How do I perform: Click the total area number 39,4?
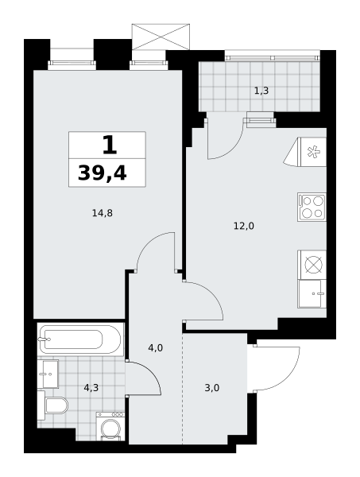[103, 173]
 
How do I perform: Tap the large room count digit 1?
[110, 145]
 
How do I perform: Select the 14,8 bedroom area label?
[103, 213]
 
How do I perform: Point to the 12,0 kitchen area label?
[244, 226]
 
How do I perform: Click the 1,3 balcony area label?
[261, 91]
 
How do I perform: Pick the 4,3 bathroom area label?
[91, 388]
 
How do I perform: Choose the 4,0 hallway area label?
[156, 347]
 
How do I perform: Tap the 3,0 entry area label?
[212, 388]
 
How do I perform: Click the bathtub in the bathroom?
[80, 339]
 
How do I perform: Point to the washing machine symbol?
[110, 426]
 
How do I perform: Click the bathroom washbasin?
[48, 374]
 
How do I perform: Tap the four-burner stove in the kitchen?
[312, 207]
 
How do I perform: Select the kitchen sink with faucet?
[312, 294]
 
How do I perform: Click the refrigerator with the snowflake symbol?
[305, 152]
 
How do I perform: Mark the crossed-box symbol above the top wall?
[161, 37]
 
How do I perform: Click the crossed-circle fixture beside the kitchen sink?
[312, 265]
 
